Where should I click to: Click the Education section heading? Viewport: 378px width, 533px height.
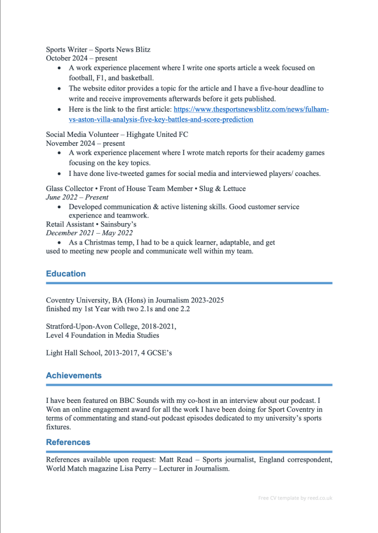point(66,273)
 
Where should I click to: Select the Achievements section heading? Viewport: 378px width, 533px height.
point(73,375)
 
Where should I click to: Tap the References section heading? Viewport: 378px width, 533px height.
point(68,442)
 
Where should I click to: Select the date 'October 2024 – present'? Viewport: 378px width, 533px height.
point(81,58)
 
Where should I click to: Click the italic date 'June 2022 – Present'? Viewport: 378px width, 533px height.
point(77,197)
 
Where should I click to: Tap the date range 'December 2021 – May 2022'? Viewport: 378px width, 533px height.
point(89,233)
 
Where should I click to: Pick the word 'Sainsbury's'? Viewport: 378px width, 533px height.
point(118,224)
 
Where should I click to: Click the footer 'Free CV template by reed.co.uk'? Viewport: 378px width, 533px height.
point(295,498)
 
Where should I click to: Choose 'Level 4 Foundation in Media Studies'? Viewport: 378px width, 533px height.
point(103,335)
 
